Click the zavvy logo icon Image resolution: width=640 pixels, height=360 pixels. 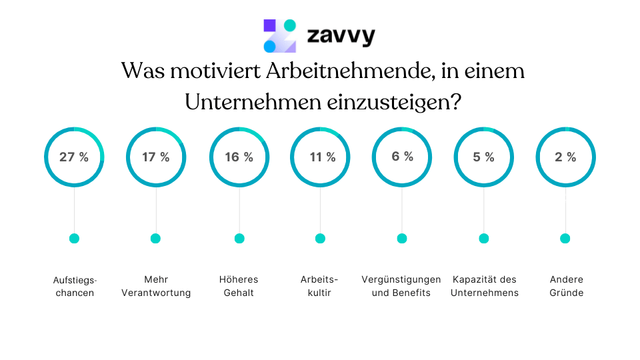pyautogui.click(x=279, y=36)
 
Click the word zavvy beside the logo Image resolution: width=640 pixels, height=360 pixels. pyautogui.click(x=341, y=35)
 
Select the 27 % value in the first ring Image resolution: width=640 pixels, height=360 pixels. pyautogui.click(x=74, y=157)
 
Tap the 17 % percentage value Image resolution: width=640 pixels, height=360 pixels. pyautogui.click(x=156, y=157)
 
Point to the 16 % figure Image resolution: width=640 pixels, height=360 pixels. pyautogui.click(x=239, y=157)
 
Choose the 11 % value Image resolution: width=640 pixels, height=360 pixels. pyautogui.click(x=321, y=157)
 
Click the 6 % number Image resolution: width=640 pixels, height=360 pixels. pyautogui.click(x=402, y=157)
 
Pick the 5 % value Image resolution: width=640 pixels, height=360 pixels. pyautogui.click(x=483, y=157)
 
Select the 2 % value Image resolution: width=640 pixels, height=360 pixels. pyautogui.click(x=565, y=157)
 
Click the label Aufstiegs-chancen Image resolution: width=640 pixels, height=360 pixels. pyautogui.click(x=74, y=286)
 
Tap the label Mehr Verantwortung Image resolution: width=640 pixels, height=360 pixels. pyautogui.click(x=156, y=286)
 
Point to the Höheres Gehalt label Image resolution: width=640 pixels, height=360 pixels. pyautogui.click(x=239, y=286)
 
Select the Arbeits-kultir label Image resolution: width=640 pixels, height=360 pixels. pyautogui.click(x=320, y=286)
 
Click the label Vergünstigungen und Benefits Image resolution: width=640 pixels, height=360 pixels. pyautogui.click(x=401, y=286)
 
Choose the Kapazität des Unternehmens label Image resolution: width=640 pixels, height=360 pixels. pyautogui.click(x=485, y=286)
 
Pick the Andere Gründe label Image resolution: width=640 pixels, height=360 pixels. pyautogui.click(x=567, y=286)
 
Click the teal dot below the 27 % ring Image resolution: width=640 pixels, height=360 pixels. pyautogui.click(x=74, y=239)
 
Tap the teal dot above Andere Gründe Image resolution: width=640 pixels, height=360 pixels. pyautogui.click(x=565, y=239)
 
